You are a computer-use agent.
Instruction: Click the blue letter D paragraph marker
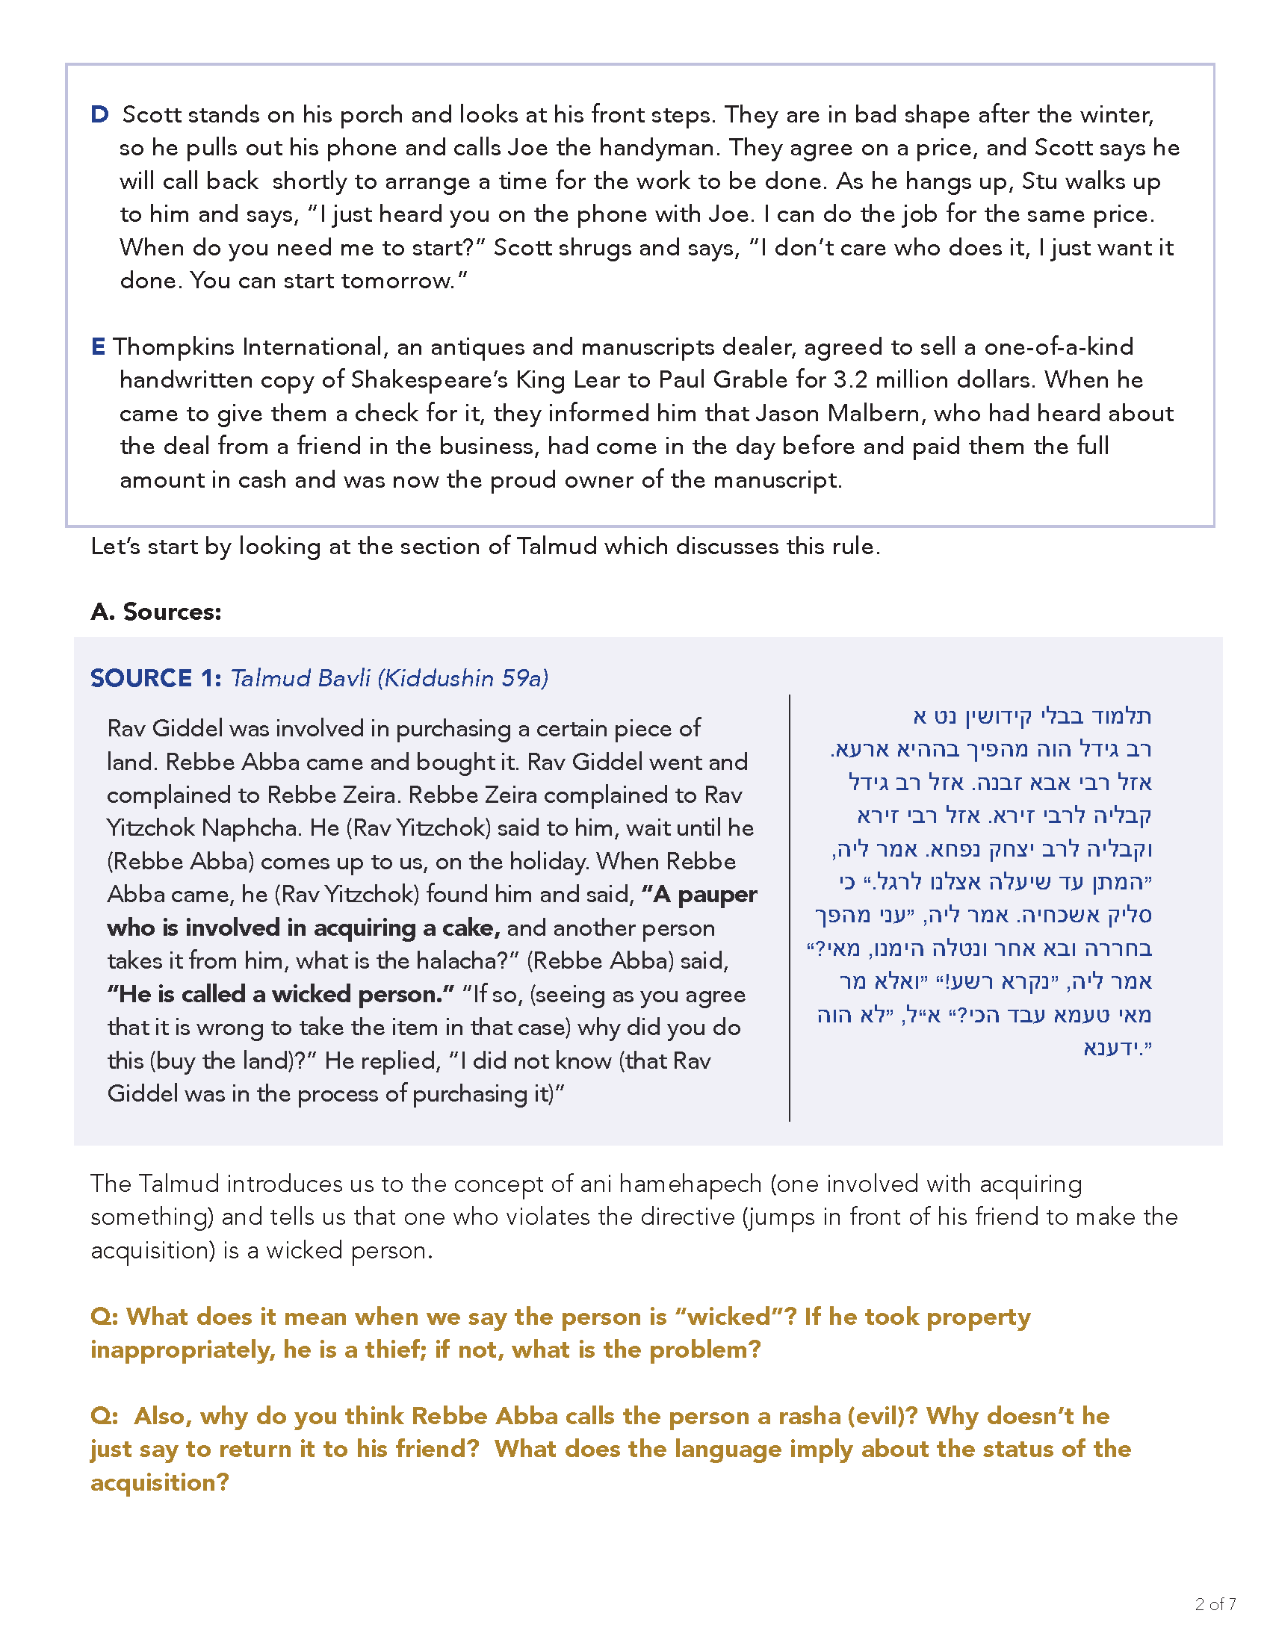[x=99, y=115]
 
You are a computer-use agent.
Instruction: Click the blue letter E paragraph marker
[x=98, y=347]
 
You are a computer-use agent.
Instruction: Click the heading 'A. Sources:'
[x=155, y=612]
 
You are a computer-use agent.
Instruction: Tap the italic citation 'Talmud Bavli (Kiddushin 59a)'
[x=389, y=678]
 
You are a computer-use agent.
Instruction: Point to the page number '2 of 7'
[x=1215, y=1604]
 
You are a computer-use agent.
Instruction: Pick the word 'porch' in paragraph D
[x=372, y=115]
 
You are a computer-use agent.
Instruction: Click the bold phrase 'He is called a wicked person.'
[x=281, y=995]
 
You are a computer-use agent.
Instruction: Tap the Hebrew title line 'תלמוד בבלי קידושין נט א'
[x=1032, y=715]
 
